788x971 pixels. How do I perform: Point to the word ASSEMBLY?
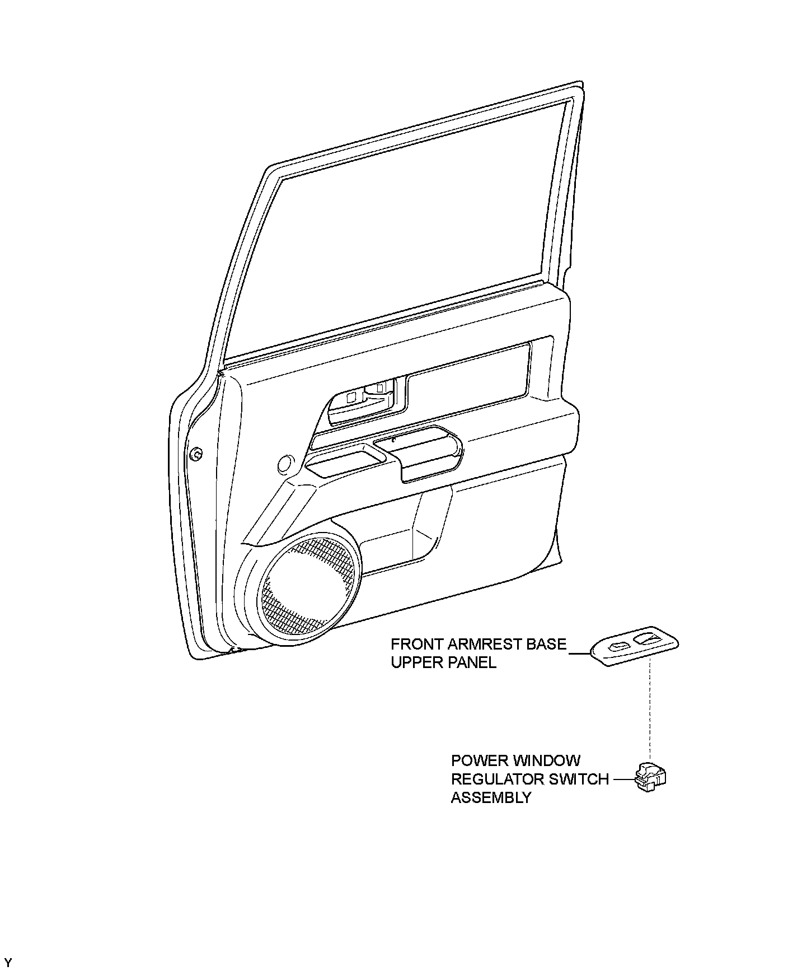click(x=491, y=797)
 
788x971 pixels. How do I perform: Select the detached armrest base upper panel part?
click(x=635, y=648)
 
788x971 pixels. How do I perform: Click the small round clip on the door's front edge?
click(x=196, y=455)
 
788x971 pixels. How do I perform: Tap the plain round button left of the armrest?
click(x=285, y=464)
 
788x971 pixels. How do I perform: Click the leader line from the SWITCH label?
click(x=622, y=779)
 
